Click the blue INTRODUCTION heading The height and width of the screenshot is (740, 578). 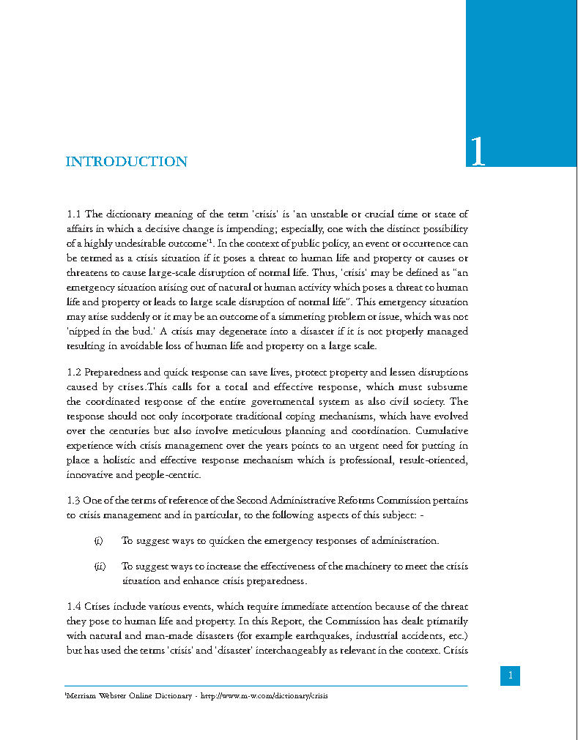tap(126, 162)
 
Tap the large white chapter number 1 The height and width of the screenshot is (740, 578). tap(477, 151)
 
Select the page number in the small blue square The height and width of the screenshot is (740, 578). tap(511, 676)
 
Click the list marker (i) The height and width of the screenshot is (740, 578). tap(98, 541)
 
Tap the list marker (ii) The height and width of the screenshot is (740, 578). tap(100, 567)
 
